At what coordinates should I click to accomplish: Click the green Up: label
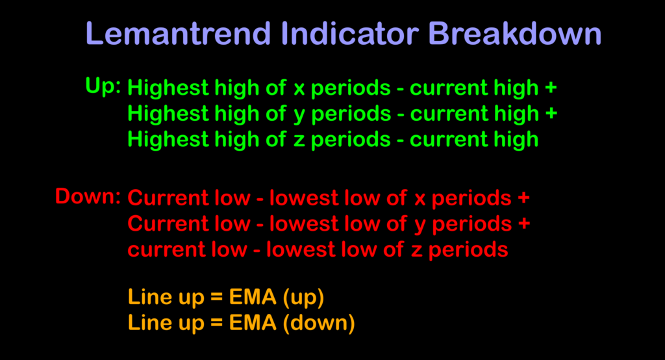[x=103, y=86]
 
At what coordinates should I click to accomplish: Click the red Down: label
[x=88, y=196]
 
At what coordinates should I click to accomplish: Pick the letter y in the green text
[x=299, y=115]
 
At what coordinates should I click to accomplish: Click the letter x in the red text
[x=420, y=198]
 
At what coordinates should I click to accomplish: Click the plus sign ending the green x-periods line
[x=551, y=88]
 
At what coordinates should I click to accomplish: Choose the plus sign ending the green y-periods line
[x=551, y=114]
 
